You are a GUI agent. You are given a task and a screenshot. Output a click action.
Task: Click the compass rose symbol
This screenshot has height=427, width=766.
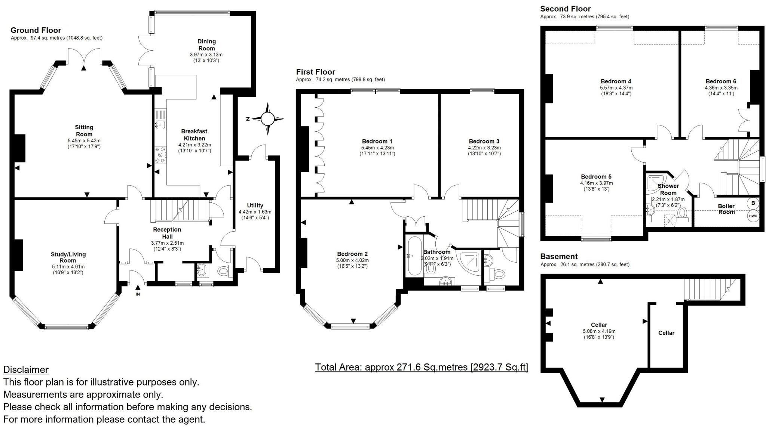click(267, 119)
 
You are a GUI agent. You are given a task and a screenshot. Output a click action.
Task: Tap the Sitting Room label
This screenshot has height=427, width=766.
click(84, 131)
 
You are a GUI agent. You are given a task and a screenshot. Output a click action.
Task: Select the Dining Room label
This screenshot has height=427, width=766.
click(206, 45)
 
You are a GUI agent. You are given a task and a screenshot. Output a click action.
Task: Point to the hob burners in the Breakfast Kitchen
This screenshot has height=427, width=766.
click(160, 155)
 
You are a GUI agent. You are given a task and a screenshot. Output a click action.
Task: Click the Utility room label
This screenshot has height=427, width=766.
click(255, 205)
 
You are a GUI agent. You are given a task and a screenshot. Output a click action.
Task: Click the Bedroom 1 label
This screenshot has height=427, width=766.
click(377, 141)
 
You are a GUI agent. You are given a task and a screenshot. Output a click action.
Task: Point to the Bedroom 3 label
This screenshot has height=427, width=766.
click(484, 141)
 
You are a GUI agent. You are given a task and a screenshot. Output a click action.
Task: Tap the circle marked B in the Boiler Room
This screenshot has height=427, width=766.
click(753, 203)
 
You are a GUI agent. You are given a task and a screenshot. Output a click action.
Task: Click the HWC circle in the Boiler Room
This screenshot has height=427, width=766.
click(753, 216)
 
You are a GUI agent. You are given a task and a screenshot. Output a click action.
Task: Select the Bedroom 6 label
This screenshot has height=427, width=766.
click(721, 81)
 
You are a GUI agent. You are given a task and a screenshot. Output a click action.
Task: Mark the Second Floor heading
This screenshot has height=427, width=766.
click(566, 9)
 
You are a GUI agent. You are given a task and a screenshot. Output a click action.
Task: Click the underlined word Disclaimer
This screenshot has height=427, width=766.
click(26, 370)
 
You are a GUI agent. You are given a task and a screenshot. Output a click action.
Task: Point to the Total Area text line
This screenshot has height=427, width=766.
click(422, 367)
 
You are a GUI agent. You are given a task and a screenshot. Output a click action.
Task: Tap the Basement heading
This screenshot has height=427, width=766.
click(559, 257)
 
